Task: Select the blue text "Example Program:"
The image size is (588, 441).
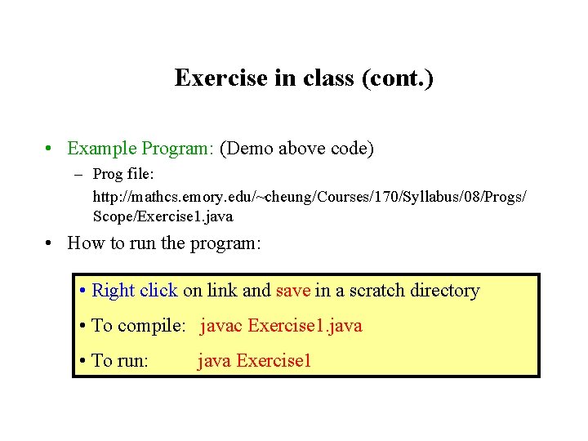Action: pos(140,149)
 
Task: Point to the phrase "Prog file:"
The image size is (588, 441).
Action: pos(127,174)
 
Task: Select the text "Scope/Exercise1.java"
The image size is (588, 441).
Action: pos(163,216)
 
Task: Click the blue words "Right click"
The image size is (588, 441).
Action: pos(135,291)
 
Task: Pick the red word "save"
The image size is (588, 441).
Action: pos(293,291)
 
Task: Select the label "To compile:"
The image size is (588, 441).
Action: pos(140,326)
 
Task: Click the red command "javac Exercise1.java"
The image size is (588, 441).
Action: pos(281,326)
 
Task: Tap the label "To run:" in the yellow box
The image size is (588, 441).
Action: pos(120,360)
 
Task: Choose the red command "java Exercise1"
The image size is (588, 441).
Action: pos(254,360)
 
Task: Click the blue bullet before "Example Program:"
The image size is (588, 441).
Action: pos(51,149)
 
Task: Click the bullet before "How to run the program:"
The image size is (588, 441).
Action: pos(51,243)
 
